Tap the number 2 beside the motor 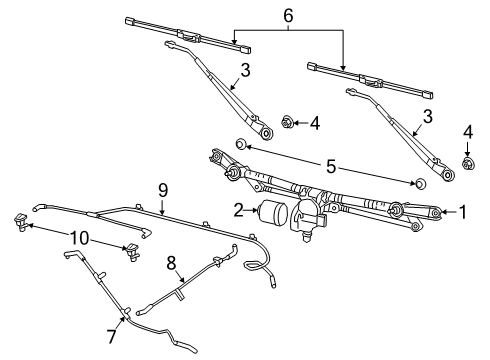[238, 210]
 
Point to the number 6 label [288, 18]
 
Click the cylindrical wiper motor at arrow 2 [272, 212]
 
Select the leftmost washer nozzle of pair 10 [20, 224]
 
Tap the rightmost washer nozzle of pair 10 [130, 250]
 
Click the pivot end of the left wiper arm [265, 131]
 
